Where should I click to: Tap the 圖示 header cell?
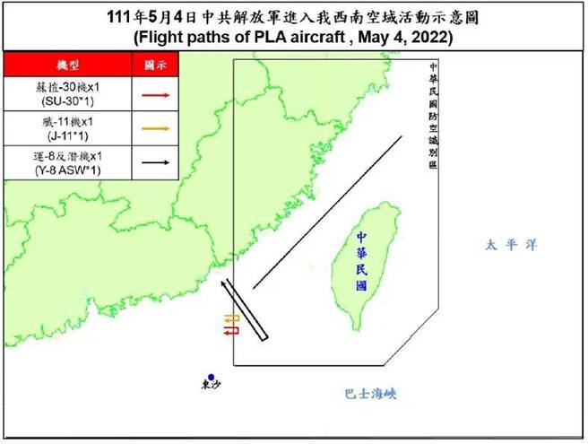click(155, 65)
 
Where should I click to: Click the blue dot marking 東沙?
click(210, 378)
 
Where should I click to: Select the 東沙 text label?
click(210, 387)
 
